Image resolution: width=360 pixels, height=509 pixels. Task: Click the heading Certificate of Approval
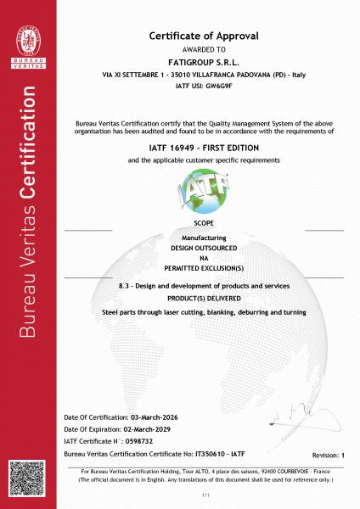204,36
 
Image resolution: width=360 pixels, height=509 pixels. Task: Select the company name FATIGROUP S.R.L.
204,64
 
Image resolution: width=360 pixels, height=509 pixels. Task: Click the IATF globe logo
204,193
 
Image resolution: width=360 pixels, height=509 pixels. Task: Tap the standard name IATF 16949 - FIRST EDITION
204,147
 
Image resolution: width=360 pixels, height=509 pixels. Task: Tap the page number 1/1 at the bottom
204,494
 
